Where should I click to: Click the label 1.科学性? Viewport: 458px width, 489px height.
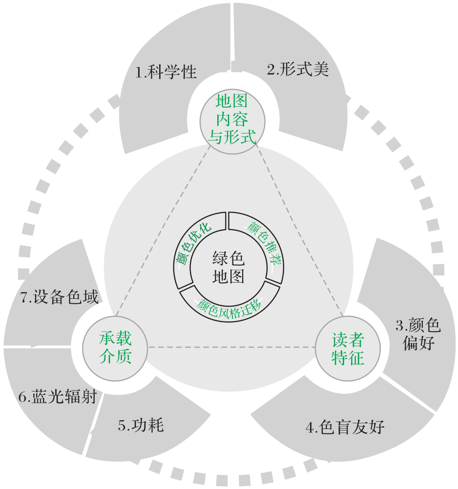[166, 73]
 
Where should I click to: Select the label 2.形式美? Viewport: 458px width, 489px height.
[298, 70]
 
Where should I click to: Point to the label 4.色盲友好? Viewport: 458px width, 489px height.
[345, 428]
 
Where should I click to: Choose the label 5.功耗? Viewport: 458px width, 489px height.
[141, 425]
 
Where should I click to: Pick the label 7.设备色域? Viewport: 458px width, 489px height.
[60, 297]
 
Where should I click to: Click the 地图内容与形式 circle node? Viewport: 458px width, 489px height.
[232, 120]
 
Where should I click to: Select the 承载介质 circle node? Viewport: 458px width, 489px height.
[116, 348]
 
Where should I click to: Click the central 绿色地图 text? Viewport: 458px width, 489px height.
[228, 267]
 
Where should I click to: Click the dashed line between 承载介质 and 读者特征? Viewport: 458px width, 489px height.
[232, 347]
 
